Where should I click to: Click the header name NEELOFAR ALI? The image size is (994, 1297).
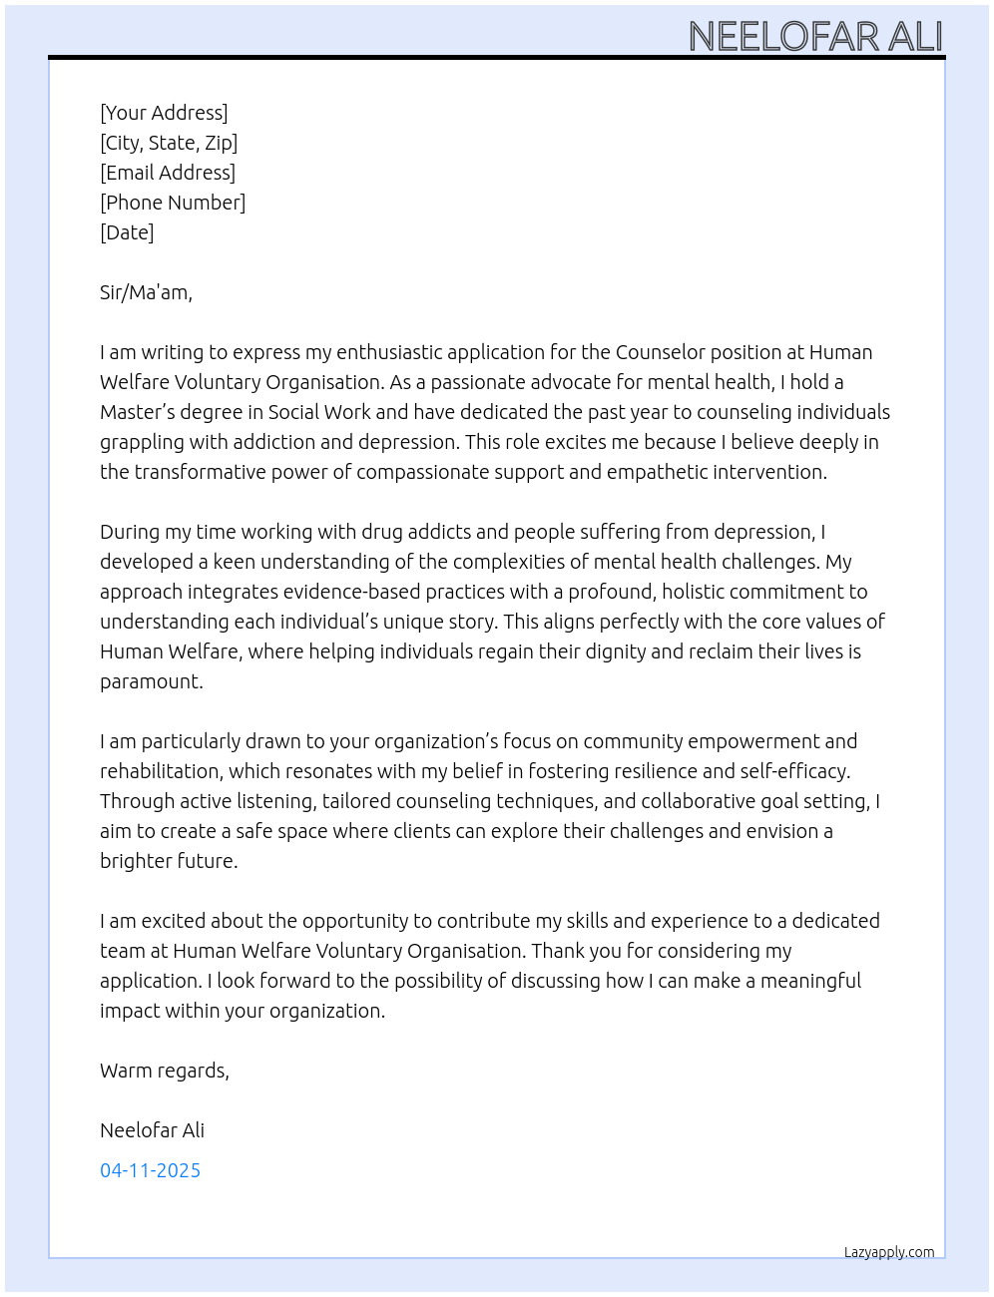coord(814,37)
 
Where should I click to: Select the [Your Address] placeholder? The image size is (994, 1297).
coord(164,113)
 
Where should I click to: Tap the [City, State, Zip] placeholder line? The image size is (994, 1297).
coord(169,143)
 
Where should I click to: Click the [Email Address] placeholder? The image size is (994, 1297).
coord(168,173)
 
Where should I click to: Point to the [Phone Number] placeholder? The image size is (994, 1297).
coord(173,203)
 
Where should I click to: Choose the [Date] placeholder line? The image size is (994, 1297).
coord(127,232)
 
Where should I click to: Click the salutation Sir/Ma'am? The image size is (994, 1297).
coord(146,292)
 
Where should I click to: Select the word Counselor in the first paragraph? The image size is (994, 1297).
coord(660,352)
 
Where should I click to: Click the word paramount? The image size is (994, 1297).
coord(151,681)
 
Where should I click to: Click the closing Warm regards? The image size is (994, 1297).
coord(164,1071)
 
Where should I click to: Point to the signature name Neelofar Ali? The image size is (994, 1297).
coord(152,1130)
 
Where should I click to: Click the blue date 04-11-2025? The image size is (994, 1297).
coord(150,1170)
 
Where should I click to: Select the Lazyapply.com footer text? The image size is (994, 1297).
coord(889,1252)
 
